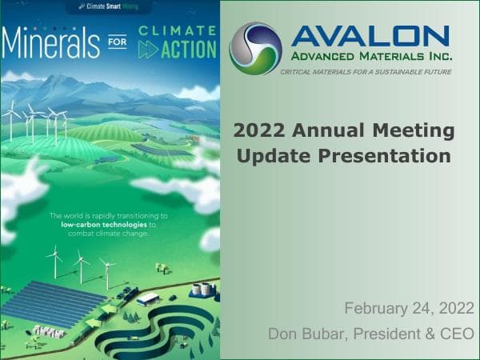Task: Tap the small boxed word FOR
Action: tap(117, 46)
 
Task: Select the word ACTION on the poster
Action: tap(186, 49)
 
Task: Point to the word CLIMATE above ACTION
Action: tap(177, 30)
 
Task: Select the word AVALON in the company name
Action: tap(370, 34)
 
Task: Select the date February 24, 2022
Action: tap(409, 308)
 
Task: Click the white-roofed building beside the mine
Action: tap(148, 298)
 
